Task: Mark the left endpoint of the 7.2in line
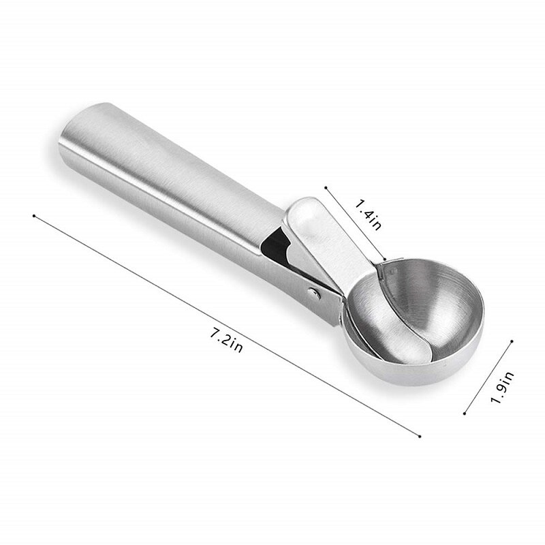33,216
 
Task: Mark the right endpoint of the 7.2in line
420,437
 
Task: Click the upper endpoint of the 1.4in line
326,185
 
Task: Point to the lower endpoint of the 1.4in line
386,260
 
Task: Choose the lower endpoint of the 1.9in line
464,412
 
